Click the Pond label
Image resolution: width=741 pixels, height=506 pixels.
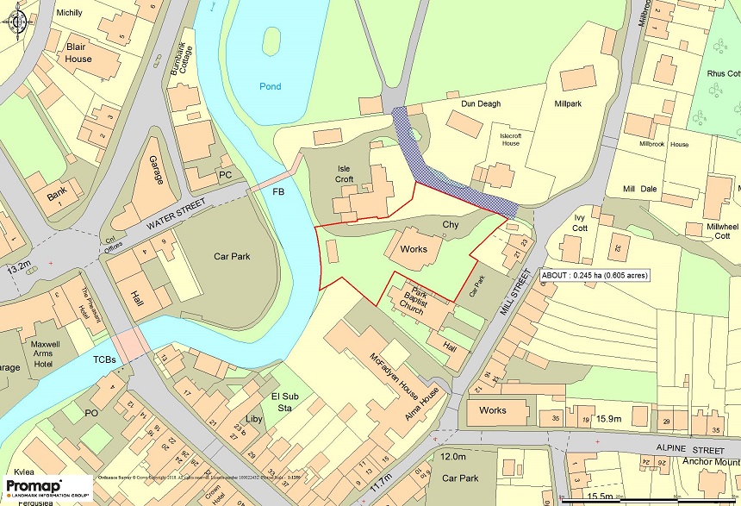coord(270,86)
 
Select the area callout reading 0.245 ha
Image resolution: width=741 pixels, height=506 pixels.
coord(595,276)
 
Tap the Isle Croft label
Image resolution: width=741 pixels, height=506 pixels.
coord(346,176)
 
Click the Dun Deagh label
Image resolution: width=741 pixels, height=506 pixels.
coord(481,104)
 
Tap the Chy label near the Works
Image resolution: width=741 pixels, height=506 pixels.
coord(451,225)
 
